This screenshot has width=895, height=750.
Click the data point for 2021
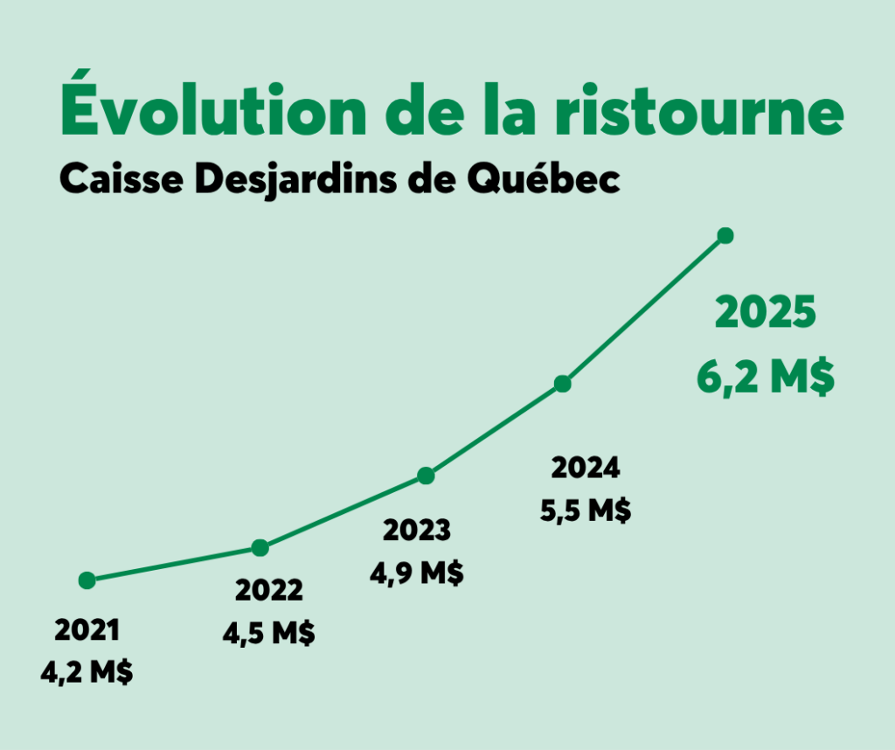(87, 580)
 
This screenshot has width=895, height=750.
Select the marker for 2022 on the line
(260, 548)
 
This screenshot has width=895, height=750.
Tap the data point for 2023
(426, 476)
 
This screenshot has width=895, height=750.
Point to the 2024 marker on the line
(563, 384)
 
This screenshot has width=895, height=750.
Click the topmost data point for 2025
(725, 235)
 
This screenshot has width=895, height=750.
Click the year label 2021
(87, 629)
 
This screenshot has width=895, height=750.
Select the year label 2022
(269, 591)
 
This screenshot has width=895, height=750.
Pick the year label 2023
(417, 531)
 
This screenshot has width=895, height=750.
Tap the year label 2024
(586, 469)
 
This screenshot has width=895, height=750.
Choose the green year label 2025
(766, 315)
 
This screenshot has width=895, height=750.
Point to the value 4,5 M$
(269, 633)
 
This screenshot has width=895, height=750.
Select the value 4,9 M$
(417, 573)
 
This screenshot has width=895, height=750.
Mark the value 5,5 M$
(586, 510)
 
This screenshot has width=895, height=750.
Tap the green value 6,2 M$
(766, 378)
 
